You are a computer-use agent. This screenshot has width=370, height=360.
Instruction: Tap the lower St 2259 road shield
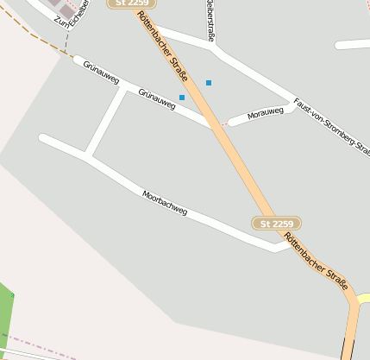[277, 224]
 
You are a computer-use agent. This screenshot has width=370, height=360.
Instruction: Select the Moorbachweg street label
[165, 203]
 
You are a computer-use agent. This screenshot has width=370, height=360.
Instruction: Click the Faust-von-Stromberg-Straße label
[331, 125]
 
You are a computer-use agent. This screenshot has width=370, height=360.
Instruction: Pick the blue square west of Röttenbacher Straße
[182, 98]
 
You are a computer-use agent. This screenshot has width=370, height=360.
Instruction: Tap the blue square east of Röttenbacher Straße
[209, 83]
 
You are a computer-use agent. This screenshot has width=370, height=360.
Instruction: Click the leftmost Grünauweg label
[100, 73]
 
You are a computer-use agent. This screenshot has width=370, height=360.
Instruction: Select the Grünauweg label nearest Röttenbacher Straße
[156, 98]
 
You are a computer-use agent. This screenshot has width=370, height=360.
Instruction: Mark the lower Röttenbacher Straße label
[317, 262]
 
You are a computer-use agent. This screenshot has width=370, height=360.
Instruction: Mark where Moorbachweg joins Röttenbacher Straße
[285, 245]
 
